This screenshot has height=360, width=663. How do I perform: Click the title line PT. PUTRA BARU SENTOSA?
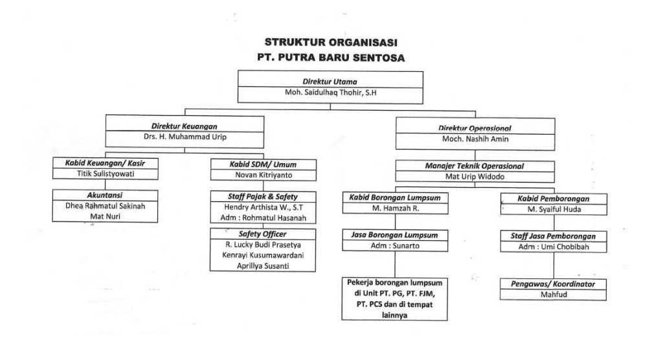331,58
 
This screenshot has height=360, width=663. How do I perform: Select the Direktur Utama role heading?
330,82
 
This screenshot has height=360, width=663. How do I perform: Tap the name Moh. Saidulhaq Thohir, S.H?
331,93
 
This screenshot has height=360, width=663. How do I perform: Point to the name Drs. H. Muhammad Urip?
185,137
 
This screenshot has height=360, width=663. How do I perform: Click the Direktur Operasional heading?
475,128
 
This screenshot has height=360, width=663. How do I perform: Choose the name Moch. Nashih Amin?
475,139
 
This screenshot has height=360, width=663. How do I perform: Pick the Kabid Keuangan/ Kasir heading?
105,163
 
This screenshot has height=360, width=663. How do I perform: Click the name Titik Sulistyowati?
106,174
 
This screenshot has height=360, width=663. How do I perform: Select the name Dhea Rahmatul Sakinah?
106,206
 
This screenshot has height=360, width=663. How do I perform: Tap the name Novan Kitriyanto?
264,175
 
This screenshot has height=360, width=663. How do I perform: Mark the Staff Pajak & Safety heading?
263,197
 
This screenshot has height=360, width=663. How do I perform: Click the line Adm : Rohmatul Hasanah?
263,218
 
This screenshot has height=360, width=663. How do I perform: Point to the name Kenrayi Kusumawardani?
263,256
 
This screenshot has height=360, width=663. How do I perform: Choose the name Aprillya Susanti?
263,266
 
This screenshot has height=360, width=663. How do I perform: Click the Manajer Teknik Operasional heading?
475,166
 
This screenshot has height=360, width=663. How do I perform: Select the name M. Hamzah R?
396,208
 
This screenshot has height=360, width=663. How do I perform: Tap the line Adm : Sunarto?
395,246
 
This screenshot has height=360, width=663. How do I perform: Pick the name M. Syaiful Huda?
554,209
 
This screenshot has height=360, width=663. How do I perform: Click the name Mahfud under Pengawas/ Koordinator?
554,295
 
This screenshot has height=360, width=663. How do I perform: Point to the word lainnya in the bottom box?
394,315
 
